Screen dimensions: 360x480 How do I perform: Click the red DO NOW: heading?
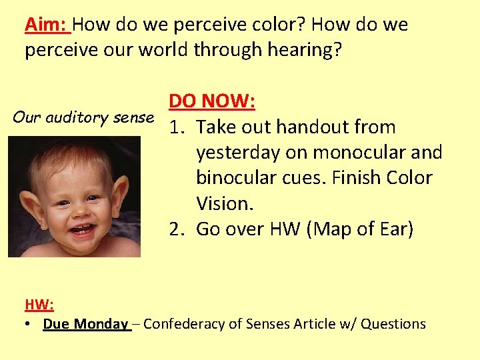click(x=213, y=101)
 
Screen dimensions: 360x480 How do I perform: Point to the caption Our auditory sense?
click(x=83, y=117)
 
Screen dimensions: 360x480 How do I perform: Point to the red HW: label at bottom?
click(x=39, y=305)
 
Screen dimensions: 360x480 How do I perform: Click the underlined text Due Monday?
click(x=85, y=324)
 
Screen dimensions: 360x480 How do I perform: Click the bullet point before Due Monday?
click(x=29, y=325)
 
